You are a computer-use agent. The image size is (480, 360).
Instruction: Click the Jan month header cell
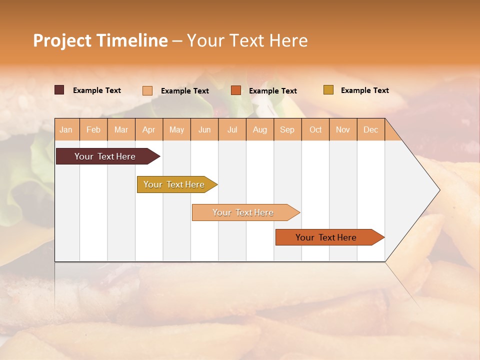(x=66, y=129)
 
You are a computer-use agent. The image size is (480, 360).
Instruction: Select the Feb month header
(x=93, y=129)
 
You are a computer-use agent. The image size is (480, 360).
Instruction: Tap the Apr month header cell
(x=149, y=129)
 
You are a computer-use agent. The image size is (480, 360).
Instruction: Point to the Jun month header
(x=204, y=129)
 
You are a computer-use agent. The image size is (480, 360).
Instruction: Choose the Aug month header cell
(x=260, y=129)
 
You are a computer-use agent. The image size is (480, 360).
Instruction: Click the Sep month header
(x=287, y=129)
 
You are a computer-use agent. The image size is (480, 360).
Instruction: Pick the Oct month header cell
(x=315, y=129)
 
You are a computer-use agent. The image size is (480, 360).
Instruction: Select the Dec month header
(x=371, y=129)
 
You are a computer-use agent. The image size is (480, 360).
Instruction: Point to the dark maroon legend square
(x=59, y=90)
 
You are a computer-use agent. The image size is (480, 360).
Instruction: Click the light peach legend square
(x=147, y=90)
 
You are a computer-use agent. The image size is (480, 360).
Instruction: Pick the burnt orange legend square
(x=236, y=90)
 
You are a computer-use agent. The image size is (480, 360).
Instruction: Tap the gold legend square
(x=328, y=90)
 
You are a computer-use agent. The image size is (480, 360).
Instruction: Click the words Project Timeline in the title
(x=100, y=40)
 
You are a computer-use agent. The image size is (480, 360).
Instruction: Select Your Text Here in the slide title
(x=247, y=40)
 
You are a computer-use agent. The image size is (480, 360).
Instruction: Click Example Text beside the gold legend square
(x=364, y=90)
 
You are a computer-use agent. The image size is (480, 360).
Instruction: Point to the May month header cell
(x=176, y=129)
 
